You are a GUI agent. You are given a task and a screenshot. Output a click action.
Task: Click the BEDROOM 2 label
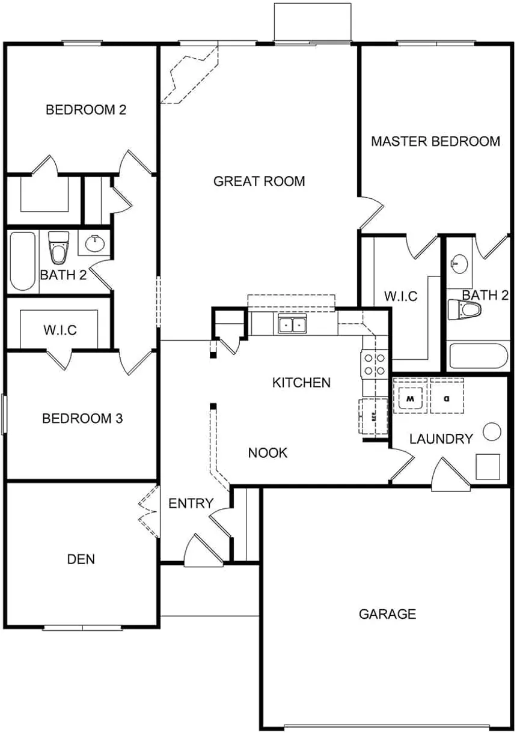[85, 110]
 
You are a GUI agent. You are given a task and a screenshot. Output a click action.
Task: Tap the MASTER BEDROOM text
[435, 142]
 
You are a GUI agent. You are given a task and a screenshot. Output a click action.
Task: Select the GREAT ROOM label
[259, 181]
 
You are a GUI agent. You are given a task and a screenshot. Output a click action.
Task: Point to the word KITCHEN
[301, 383]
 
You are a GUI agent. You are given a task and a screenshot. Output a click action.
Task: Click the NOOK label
[268, 453]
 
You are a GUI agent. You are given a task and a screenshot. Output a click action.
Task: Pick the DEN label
[81, 559]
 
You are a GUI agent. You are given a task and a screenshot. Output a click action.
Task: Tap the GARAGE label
[387, 614]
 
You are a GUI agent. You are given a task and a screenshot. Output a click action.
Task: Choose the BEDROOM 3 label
[82, 418]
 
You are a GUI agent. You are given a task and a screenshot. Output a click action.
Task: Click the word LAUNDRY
[441, 439]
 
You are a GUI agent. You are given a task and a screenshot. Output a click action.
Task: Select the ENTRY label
[191, 503]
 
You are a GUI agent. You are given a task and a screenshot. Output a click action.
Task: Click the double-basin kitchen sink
[292, 325]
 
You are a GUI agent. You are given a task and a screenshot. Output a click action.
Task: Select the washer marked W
[410, 397]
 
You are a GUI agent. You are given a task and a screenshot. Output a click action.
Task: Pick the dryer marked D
[447, 397]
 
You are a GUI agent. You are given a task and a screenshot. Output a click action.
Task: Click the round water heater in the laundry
[492, 431]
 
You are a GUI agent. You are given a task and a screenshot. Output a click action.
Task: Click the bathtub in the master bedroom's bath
[479, 357]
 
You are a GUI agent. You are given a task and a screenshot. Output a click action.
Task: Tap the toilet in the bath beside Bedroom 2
[58, 248]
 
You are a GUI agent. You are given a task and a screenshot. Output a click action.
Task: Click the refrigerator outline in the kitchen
[373, 416]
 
